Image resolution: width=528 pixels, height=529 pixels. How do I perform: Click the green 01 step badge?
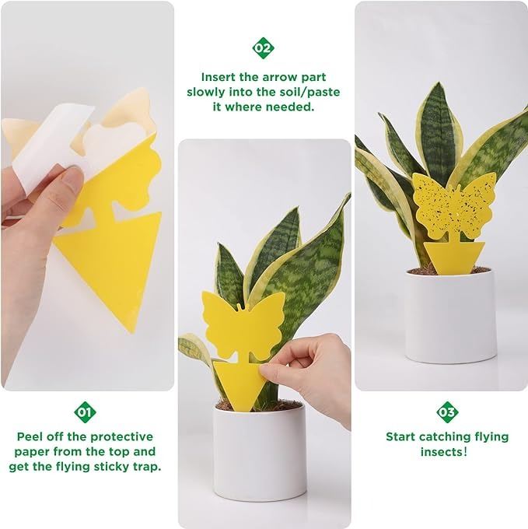pyautogui.click(x=85, y=412)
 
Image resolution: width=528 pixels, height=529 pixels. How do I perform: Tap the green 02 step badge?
pyautogui.click(x=263, y=48)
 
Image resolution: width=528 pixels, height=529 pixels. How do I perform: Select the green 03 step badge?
pyautogui.click(x=447, y=412)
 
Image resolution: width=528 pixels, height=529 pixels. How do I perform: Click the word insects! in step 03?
pyautogui.click(x=444, y=451)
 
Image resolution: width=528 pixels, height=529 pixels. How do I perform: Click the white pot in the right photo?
pyautogui.click(x=450, y=314)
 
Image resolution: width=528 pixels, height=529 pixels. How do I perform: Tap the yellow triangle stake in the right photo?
pyautogui.click(x=454, y=257)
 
